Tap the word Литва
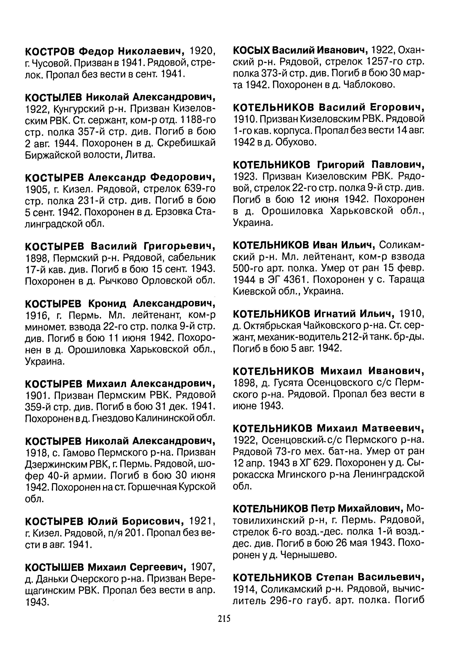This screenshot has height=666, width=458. (141, 155)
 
